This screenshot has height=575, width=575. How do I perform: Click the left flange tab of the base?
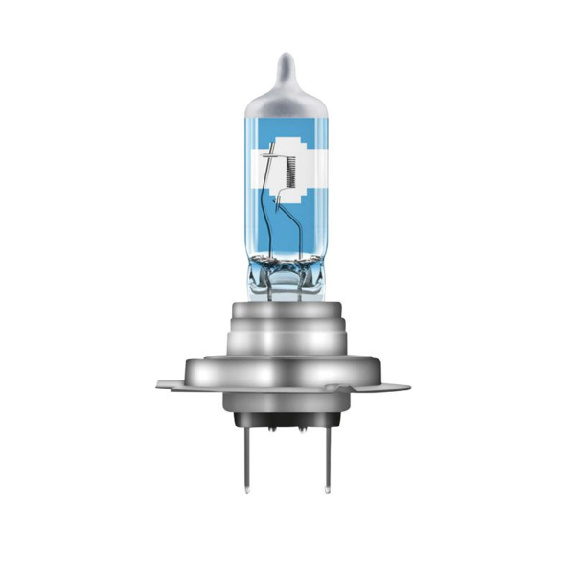pyautogui.click(x=172, y=386)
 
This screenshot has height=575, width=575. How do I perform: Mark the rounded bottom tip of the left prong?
pyautogui.click(x=248, y=492)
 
